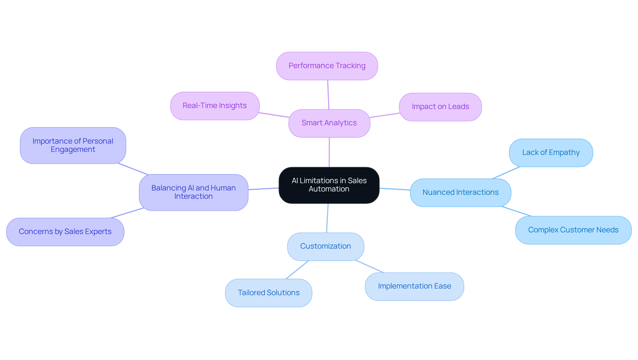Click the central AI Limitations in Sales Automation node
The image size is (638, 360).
pos(329,185)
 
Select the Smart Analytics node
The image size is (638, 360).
pos(329,123)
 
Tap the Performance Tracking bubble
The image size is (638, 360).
pos(327,66)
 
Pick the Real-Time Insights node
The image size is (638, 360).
pos(215,106)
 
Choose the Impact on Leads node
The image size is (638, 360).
pos(440,107)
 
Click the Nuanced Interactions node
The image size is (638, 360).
pos(460,192)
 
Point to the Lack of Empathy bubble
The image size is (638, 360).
pos(551,153)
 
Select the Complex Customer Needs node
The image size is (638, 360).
pos(573,230)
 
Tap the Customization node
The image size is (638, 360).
pos(325,246)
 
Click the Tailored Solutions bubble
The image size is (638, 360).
pos(268,293)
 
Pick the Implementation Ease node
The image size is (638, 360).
pos(414,286)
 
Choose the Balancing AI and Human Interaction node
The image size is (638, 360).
pos(193,192)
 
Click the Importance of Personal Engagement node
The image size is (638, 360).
pos(73,145)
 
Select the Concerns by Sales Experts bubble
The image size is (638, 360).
pos(65,232)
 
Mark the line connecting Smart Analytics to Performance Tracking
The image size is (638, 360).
pos(328,95)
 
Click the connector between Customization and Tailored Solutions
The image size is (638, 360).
pos(297,270)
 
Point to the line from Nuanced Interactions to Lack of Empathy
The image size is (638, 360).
pos(506,173)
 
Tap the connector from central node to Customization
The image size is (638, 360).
pos(327,218)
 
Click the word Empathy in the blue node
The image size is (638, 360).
pos(564,153)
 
